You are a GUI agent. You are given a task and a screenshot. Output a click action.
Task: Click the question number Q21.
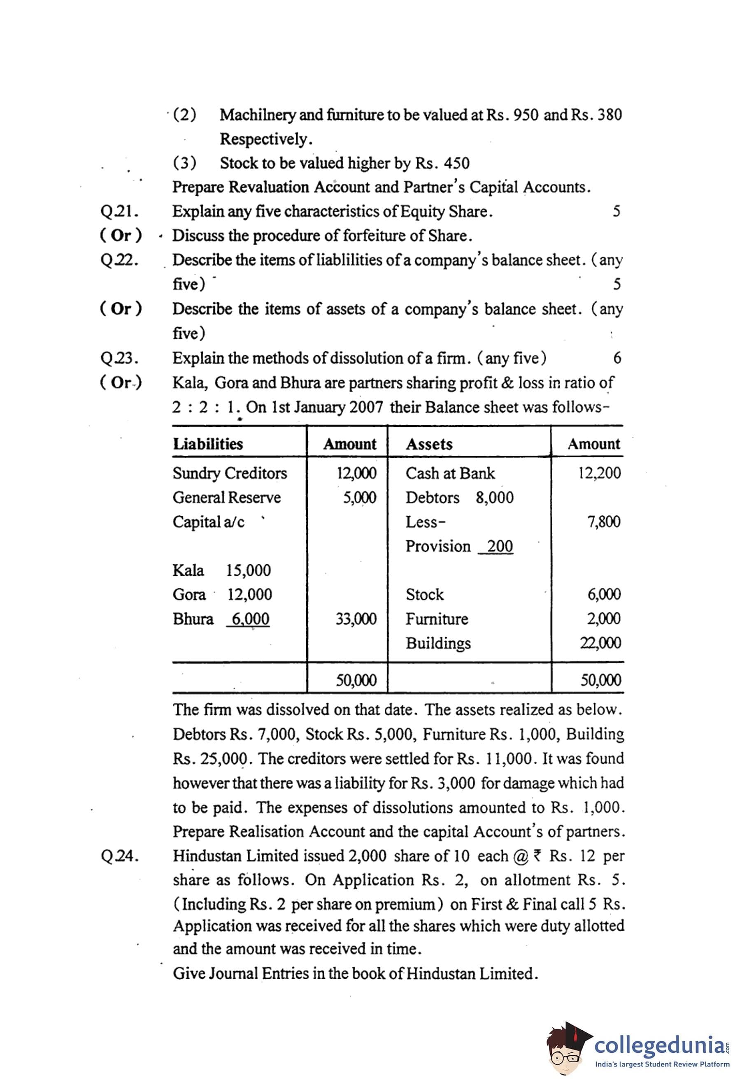pos(119,211)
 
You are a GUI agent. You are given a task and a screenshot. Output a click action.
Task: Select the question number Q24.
pos(119,856)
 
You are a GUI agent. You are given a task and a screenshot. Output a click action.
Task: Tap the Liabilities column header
pos(208,444)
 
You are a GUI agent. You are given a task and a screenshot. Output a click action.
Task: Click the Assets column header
pos(429,444)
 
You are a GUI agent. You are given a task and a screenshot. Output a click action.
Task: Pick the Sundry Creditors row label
pos(230,473)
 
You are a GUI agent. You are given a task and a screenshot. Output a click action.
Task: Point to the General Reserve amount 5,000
pos(359,498)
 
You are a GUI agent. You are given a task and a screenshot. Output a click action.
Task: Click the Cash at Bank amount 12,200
pos(599,473)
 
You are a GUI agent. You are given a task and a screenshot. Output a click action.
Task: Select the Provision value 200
pos(500,546)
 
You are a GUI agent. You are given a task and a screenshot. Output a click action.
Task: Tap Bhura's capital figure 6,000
pos(250,619)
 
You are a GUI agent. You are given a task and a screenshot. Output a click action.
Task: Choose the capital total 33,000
pos(356,619)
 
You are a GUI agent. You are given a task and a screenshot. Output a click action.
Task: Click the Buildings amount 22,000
pos(600,643)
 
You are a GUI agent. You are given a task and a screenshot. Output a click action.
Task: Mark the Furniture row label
pos(437,619)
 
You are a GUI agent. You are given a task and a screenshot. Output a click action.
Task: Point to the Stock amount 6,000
pos(604,594)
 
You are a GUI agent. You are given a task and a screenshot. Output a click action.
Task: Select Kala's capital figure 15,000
pos(248,570)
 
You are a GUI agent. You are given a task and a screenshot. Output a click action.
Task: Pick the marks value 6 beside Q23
pos(617,358)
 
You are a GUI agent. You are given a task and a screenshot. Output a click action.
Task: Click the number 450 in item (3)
pos(456,163)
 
